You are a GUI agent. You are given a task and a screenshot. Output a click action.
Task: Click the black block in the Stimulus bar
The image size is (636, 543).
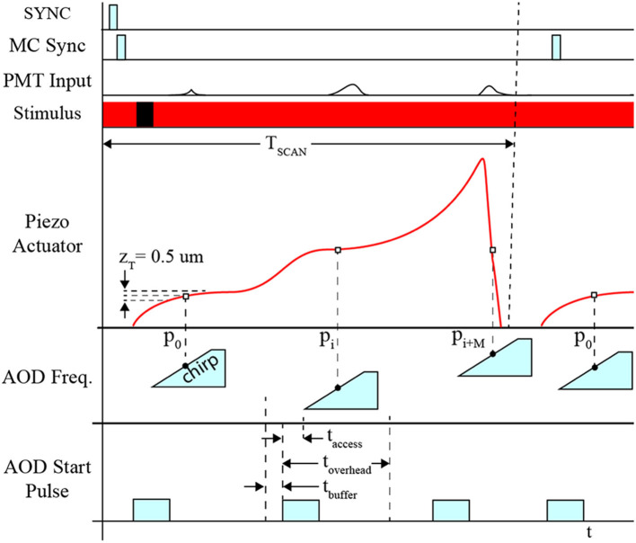tap(145, 114)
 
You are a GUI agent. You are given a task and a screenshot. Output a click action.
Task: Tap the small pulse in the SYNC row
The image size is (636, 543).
tap(113, 16)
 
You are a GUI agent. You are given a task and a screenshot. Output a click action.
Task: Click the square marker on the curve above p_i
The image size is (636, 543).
tap(337, 250)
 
